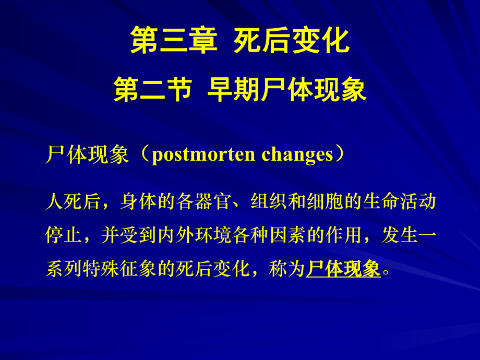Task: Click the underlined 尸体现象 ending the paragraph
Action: point(343,269)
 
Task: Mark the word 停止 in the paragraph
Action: point(64,235)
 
